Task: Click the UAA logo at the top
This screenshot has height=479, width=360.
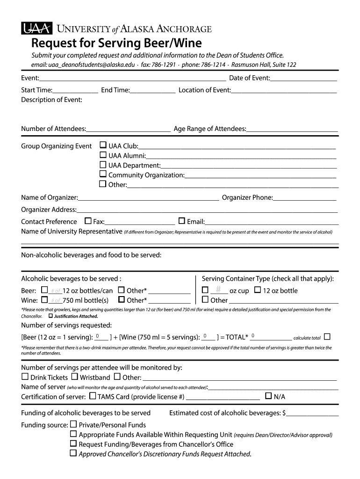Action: click(x=36, y=29)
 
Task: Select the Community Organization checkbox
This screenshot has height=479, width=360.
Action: click(x=103, y=174)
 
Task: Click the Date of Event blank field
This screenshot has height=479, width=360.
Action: click(x=303, y=78)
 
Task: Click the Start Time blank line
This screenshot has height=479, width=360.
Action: click(x=75, y=90)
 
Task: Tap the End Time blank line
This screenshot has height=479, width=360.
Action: click(x=153, y=90)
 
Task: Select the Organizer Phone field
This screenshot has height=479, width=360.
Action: click(x=304, y=198)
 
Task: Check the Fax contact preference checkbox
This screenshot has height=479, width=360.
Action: click(x=88, y=221)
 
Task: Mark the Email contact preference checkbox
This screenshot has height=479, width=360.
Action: click(x=182, y=221)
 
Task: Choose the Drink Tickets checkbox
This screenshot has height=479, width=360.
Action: click(x=25, y=377)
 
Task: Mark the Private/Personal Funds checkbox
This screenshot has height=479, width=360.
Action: click(x=73, y=424)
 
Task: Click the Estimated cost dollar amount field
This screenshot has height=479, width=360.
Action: click(x=313, y=413)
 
